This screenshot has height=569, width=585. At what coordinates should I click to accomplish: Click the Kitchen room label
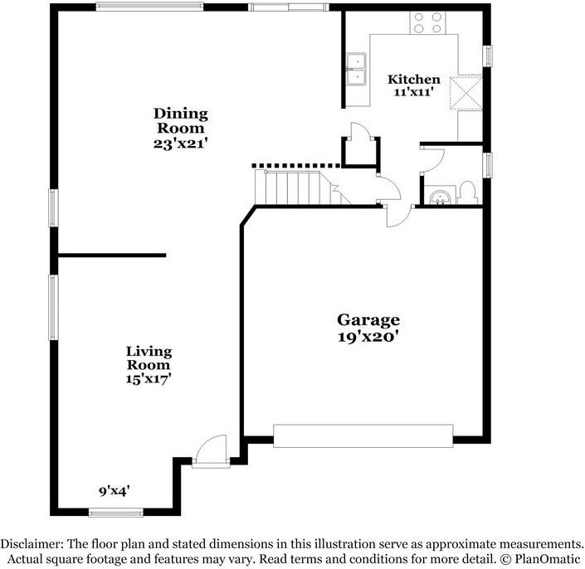point(414,80)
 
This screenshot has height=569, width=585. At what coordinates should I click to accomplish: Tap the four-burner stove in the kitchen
point(427,22)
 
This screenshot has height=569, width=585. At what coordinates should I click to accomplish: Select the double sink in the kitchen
point(356,70)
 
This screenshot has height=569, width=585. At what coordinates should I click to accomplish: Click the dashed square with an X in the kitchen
point(466,92)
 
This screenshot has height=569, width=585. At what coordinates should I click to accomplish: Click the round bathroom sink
point(437,197)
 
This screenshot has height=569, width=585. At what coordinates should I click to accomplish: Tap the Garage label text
point(368,320)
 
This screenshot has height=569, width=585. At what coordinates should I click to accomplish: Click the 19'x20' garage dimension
point(368,337)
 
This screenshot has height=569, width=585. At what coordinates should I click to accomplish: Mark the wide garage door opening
point(363,436)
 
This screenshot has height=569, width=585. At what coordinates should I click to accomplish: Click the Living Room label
point(149,357)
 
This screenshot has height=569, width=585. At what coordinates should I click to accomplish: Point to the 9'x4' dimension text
point(114,490)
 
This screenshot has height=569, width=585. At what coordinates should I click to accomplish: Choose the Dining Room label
point(181,121)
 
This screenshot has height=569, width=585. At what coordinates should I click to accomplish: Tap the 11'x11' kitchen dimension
point(414,93)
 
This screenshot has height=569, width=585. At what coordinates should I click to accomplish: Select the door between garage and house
point(396,214)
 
